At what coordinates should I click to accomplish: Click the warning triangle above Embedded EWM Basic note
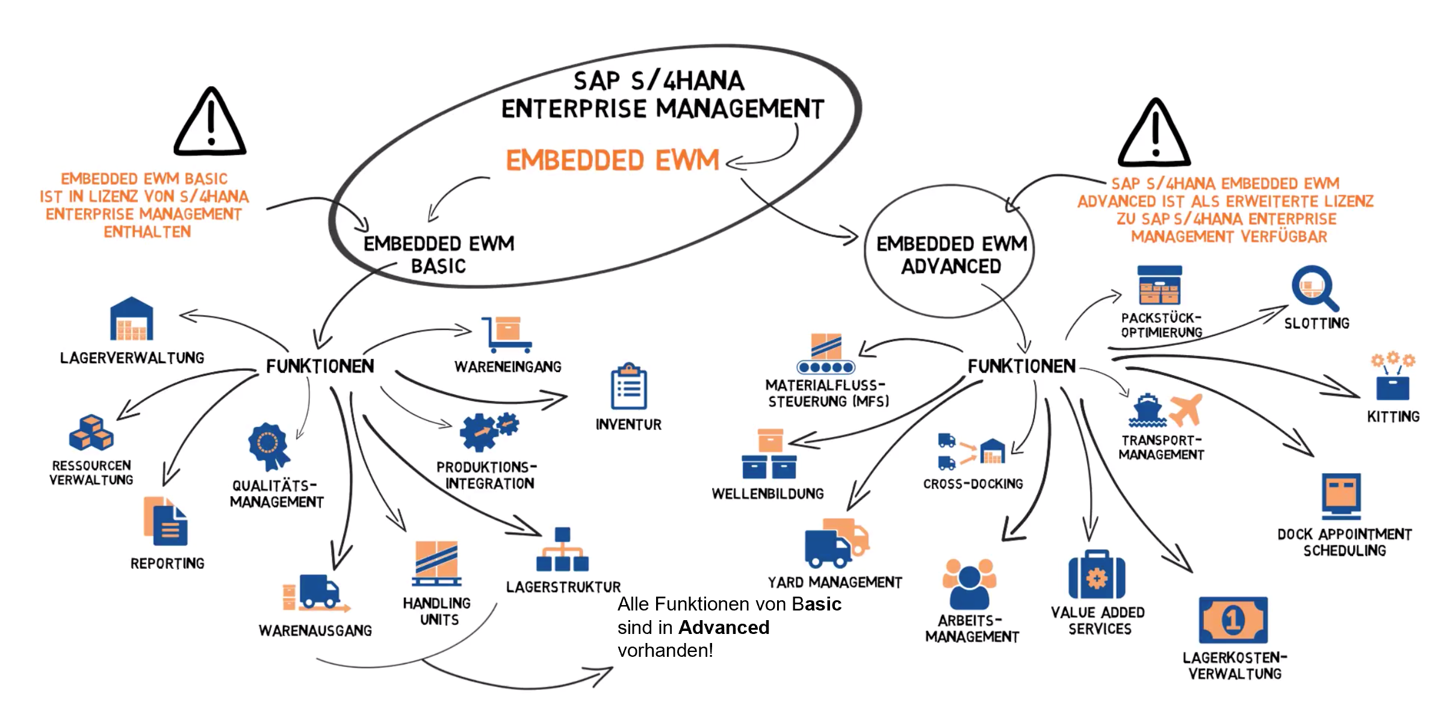pyautogui.click(x=210, y=123)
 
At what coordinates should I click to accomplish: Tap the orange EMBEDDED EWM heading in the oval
pyautogui.click(x=612, y=161)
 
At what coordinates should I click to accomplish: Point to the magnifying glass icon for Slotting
pyautogui.click(x=1314, y=288)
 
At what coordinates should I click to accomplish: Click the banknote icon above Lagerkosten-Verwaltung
pyautogui.click(x=1233, y=620)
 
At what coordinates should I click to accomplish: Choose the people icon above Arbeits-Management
pyautogui.click(x=968, y=583)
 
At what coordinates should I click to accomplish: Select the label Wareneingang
pyautogui.click(x=507, y=367)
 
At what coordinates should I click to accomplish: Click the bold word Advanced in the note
pyautogui.click(x=724, y=627)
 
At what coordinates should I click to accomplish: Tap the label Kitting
pyautogui.click(x=1393, y=417)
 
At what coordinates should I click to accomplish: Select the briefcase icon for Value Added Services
pyautogui.click(x=1097, y=575)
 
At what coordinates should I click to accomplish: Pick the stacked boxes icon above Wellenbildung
pyautogui.click(x=769, y=455)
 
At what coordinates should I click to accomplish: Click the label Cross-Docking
pyautogui.click(x=973, y=484)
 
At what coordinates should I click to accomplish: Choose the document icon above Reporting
pyautogui.click(x=166, y=521)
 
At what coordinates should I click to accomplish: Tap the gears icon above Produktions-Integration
pyautogui.click(x=488, y=431)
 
